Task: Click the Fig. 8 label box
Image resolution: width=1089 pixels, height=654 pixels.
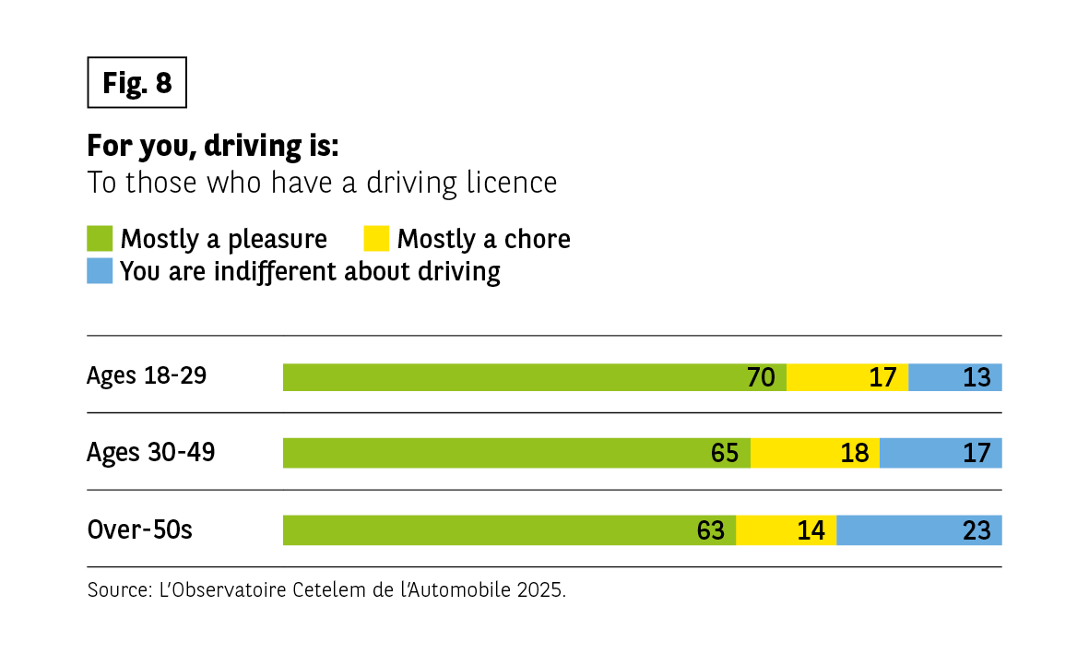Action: (137, 83)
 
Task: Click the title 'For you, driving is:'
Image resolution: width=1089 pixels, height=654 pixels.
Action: (213, 146)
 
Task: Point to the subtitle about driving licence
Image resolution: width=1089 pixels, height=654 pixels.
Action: (322, 183)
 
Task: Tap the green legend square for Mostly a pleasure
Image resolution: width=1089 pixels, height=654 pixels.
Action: (100, 239)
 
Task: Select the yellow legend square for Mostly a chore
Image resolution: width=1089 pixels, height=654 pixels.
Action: (375, 239)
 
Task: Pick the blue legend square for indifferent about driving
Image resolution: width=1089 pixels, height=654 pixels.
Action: (100, 271)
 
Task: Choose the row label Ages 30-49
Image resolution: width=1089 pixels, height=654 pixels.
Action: (150, 453)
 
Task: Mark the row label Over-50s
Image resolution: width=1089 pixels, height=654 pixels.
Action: (139, 530)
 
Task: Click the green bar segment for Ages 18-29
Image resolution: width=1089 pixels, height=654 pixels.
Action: (534, 377)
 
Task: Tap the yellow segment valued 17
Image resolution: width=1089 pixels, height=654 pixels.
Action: (846, 377)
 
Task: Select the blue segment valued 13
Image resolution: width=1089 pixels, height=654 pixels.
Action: (954, 377)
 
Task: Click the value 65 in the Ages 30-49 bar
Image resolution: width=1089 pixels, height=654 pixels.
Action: (725, 453)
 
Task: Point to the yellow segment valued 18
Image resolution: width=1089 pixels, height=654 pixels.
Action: (814, 453)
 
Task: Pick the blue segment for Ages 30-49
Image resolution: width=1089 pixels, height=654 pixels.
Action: (940, 453)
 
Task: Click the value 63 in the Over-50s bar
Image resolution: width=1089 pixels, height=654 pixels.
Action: (711, 530)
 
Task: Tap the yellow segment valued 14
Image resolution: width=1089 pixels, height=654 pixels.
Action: (786, 530)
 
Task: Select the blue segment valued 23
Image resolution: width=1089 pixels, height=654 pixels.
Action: (918, 530)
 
